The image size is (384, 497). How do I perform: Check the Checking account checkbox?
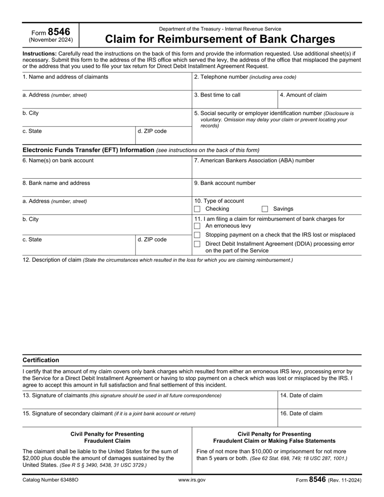[197, 209]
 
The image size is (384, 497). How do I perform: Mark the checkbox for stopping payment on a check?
[197, 235]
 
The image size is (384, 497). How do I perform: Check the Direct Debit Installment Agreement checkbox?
[197, 244]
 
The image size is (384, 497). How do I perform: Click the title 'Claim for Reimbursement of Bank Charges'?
[220, 39]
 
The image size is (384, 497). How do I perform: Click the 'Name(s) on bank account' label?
[58, 160]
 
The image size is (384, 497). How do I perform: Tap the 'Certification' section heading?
[41, 360]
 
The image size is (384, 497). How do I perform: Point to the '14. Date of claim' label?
[301, 395]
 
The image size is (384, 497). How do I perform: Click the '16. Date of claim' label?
[301, 413]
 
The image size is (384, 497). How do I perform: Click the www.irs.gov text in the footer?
[192, 480]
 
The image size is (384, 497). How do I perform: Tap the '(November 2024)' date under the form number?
[51, 40]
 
